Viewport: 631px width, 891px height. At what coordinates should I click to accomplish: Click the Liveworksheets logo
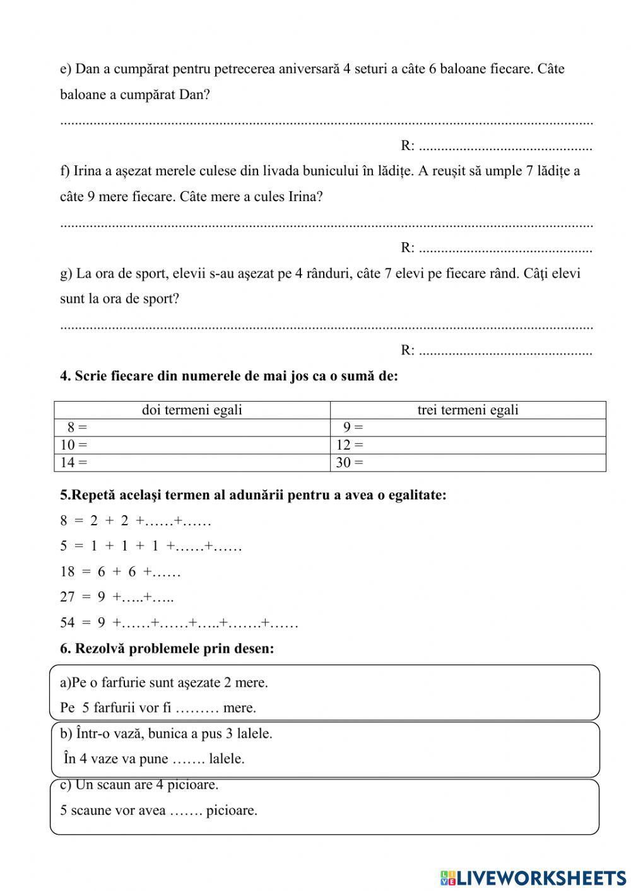point(533,878)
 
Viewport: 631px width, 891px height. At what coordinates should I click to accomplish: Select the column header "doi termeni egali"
point(192,410)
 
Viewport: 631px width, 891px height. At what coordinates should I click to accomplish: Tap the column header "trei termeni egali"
point(468,410)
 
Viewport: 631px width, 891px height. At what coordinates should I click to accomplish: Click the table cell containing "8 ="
point(192,428)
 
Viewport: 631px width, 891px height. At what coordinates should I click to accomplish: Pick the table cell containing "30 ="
point(468,462)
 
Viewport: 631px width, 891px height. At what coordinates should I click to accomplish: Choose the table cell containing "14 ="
point(192,462)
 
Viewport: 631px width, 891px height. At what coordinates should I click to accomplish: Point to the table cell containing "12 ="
point(468,445)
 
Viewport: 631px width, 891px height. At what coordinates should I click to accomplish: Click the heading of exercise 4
point(229,376)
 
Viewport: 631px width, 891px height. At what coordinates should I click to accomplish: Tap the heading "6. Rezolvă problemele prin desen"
point(167,648)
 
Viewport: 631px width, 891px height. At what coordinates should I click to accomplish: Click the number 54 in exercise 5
point(68,623)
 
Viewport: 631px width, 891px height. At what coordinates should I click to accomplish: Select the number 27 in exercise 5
point(68,597)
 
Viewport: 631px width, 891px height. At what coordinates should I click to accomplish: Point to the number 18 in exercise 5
point(68,572)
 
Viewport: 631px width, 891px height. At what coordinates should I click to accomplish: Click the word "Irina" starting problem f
point(89,171)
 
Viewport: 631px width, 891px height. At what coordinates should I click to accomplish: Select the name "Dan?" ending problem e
point(194,95)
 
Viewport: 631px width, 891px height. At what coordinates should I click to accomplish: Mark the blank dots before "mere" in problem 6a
point(197,708)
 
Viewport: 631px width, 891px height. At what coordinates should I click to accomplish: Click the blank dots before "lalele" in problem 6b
point(188,759)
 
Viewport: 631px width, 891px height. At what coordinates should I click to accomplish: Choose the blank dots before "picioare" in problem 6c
point(186,810)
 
